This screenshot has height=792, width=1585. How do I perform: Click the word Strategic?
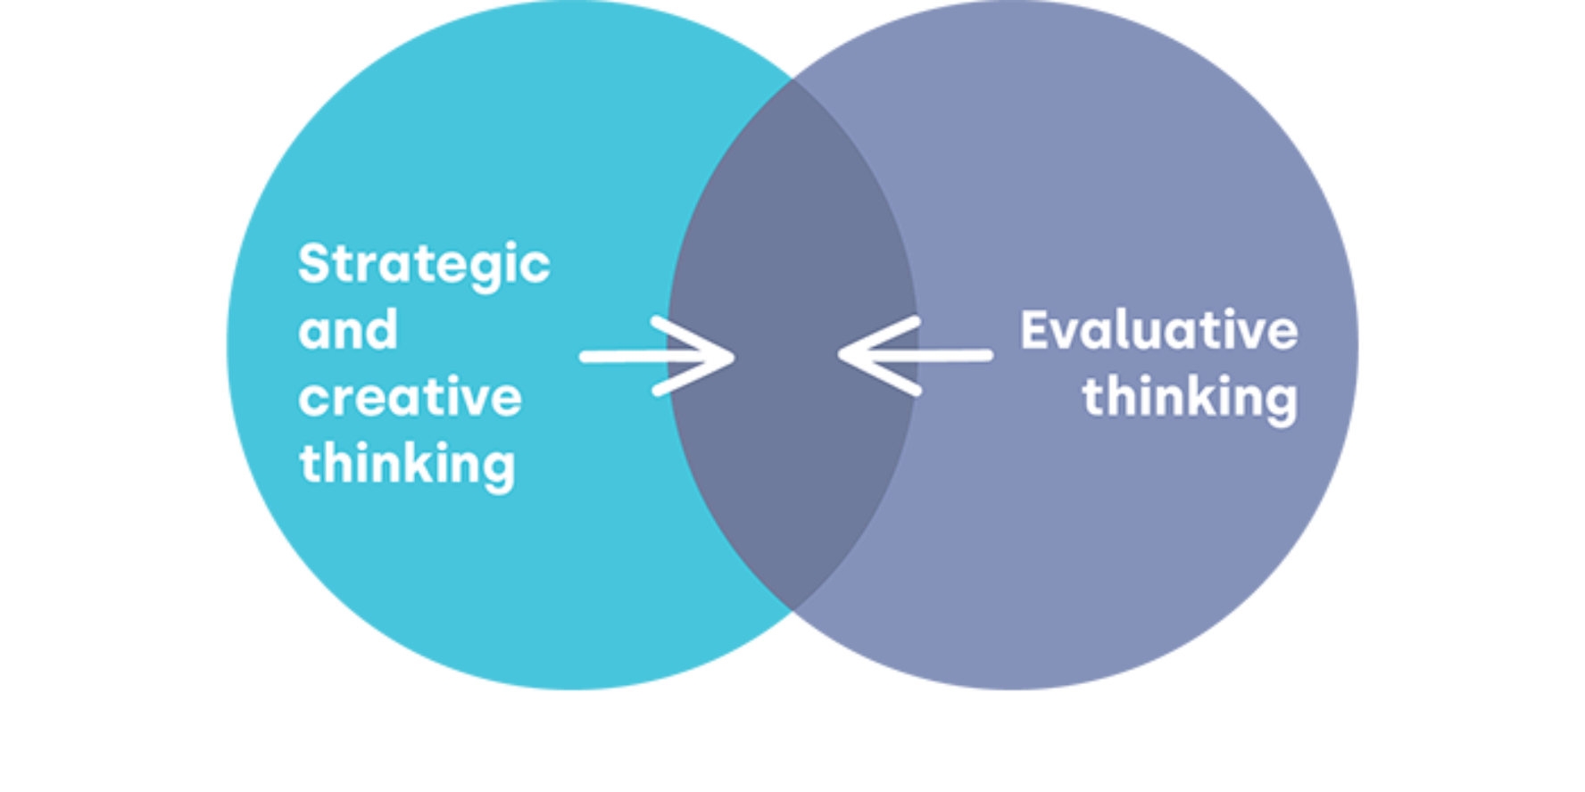click(x=424, y=265)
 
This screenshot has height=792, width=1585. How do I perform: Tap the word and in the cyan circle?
click(x=348, y=330)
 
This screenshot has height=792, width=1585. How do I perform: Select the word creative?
click(x=410, y=397)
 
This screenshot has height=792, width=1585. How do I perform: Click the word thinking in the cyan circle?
click(x=408, y=464)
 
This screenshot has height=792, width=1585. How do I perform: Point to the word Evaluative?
click(x=1158, y=330)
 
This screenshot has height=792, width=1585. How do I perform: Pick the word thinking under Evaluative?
click(x=1190, y=397)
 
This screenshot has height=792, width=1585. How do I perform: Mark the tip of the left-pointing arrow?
click(x=841, y=355)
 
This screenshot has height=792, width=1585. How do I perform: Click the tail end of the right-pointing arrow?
click(x=585, y=357)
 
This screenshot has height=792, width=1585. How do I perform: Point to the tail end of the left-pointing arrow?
click(x=988, y=355)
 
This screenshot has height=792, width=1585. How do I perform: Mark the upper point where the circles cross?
click(x=793, y=78)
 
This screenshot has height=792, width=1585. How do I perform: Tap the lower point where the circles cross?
click(x=793, y=612)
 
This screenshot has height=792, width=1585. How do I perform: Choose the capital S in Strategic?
click(x=314, y=263)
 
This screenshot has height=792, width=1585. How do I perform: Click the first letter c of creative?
click(x=312, y=399)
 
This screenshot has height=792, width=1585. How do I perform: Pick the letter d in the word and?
click(x=383, y=329)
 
